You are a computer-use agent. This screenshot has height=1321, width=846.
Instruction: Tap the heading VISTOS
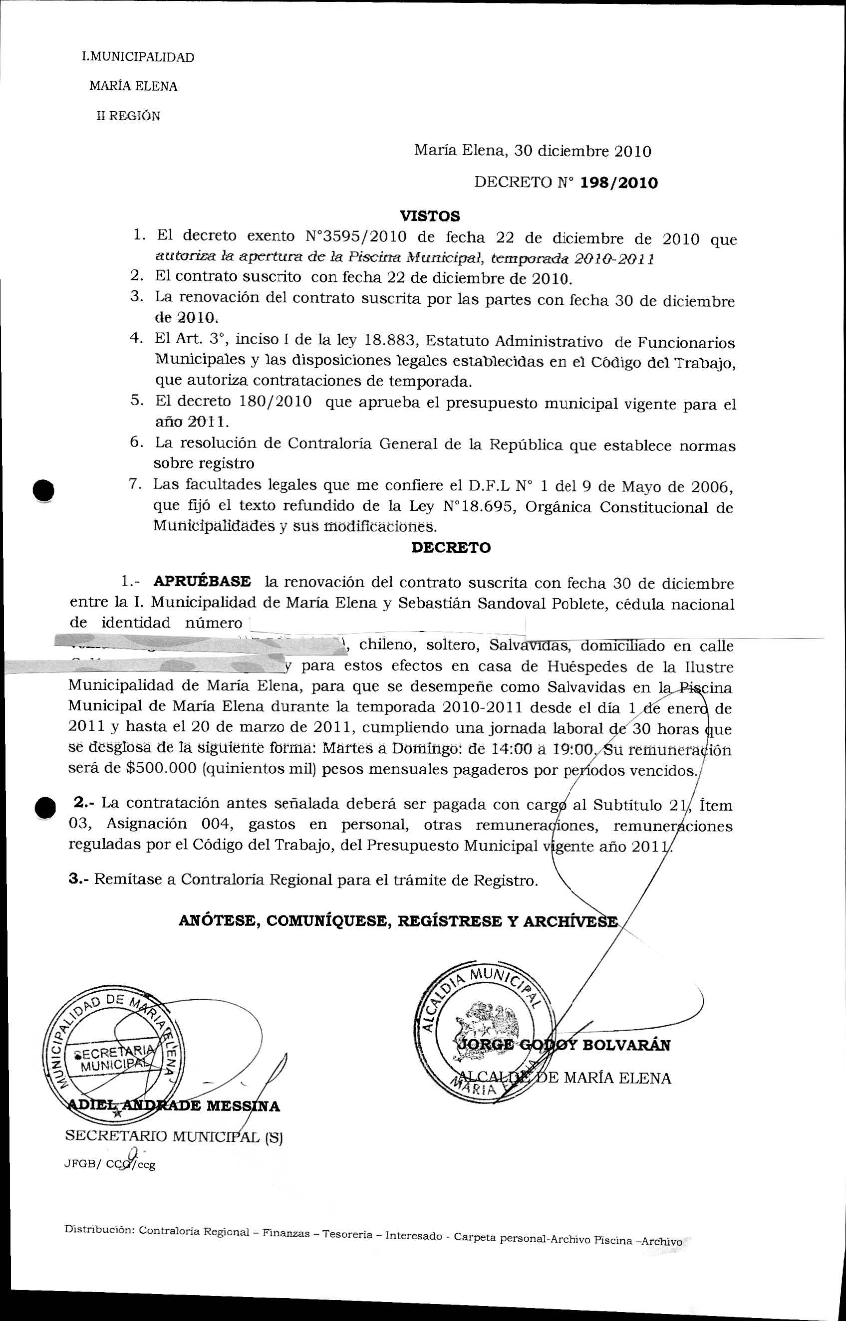(x=430, y=216)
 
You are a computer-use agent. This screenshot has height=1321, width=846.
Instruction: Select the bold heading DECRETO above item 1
(x=451, y=547)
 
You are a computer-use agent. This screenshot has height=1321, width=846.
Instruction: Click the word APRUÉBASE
(x=202, y=582)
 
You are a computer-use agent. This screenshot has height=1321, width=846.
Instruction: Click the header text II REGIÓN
(x=129, y=116)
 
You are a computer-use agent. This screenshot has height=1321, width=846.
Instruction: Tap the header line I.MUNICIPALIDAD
(x=137, y=57)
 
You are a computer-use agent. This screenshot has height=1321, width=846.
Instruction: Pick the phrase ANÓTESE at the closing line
(x=219, y=921)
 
